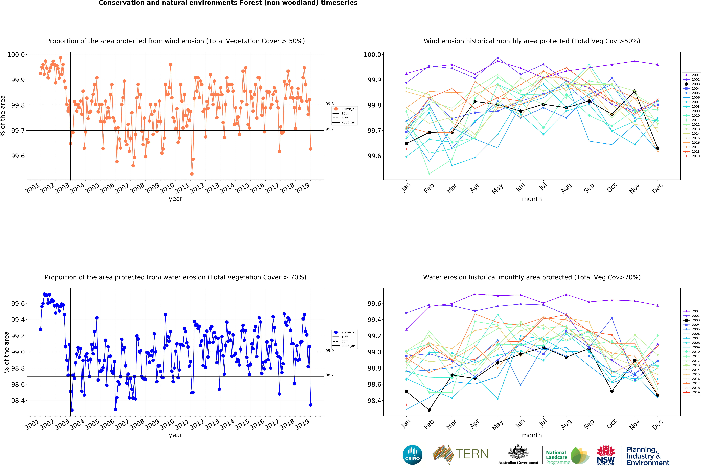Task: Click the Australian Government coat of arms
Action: click(x=518, y=452)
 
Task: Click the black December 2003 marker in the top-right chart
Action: click(x=658, y=148)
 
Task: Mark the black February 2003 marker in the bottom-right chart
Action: click(x=429, y=410)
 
